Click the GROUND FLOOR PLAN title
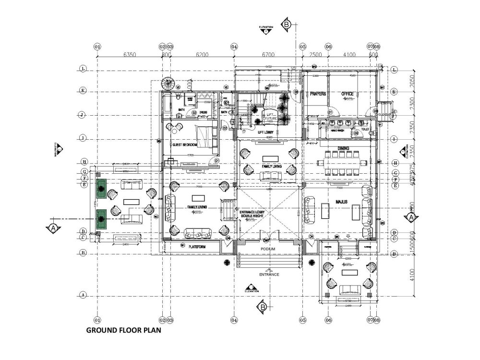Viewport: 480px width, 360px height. click(124, 330)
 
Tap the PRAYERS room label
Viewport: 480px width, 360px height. click(318, 94)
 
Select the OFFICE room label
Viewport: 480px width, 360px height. click(348, 94)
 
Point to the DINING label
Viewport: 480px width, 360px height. click(343, 148)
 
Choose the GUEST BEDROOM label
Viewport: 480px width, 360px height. click(184, 144)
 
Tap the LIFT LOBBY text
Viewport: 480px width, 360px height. click(266, 132)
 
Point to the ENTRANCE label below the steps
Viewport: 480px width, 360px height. click(269, 275)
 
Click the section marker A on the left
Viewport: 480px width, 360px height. click(53, 228)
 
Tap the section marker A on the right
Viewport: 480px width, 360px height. click(411, 217)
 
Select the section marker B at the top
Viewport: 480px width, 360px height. click(286, 24)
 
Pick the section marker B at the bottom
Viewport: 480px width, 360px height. click(263, 307)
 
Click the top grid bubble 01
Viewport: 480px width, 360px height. click(97, 47)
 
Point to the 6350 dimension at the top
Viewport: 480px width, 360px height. click(130, 55)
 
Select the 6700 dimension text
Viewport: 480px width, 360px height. click(268, 55)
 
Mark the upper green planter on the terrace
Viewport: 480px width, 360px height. click(102, 189)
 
